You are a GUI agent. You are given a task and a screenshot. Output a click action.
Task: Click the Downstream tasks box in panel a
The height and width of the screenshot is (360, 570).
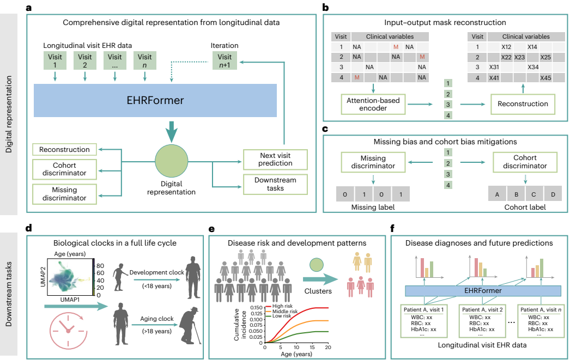click(275, 184)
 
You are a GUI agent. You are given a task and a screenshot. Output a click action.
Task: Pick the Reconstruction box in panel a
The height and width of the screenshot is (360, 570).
click(64, 149)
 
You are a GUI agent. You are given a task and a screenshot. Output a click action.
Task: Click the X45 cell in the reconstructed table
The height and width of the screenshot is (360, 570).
click(546, 78)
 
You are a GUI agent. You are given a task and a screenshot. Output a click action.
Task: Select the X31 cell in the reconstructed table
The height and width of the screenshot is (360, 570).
click(494, 68)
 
